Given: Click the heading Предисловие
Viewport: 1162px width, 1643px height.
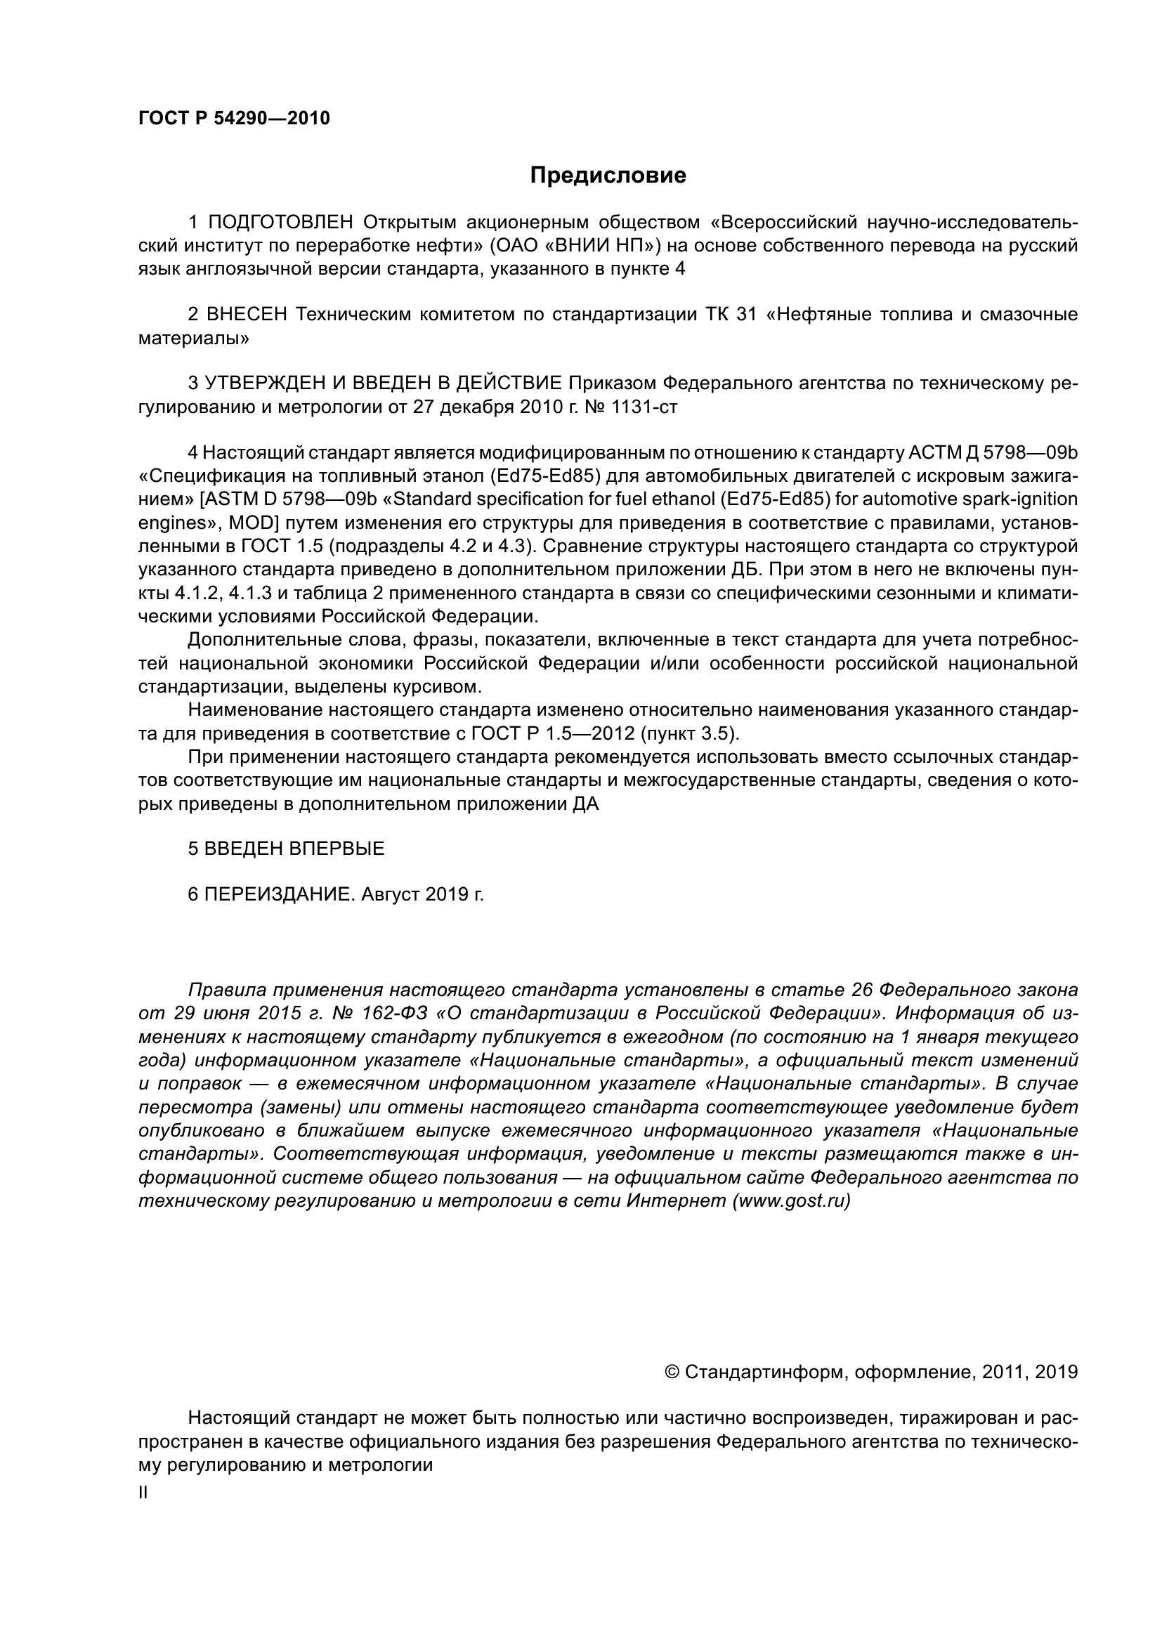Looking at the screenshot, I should (608, 176).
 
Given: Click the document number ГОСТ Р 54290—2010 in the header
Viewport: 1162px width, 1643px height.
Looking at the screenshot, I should (234, 119).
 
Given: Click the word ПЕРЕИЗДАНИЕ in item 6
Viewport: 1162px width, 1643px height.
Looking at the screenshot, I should (280, 894).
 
